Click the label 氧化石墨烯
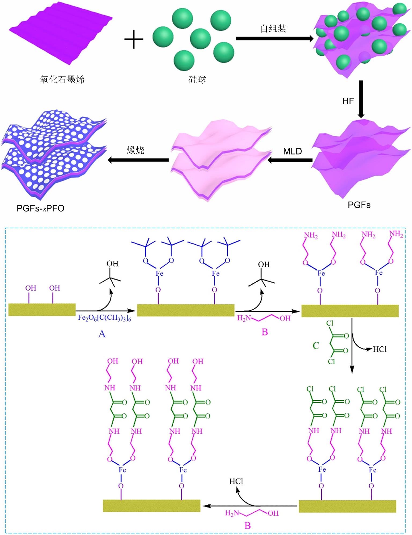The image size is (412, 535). (62, 80)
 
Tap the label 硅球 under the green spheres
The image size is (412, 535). (197, 80)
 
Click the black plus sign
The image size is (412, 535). (134, 39)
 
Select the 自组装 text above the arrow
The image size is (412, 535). (274, 28)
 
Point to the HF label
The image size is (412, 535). (348, 101)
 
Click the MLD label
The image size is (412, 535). (293, 151)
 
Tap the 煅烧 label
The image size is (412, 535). (136, 150)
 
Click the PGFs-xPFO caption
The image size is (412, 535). (41, 208)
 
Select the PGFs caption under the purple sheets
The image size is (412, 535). (359, 205)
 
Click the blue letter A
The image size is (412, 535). (102, 334)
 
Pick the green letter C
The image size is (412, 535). (316, 346)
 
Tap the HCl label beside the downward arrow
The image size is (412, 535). (380, 349)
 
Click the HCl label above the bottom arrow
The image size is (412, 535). (236, 481)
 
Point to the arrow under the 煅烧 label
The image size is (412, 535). (138, 160)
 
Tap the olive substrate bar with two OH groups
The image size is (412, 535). (42, 310)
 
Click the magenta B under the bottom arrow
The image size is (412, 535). (248, 525)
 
